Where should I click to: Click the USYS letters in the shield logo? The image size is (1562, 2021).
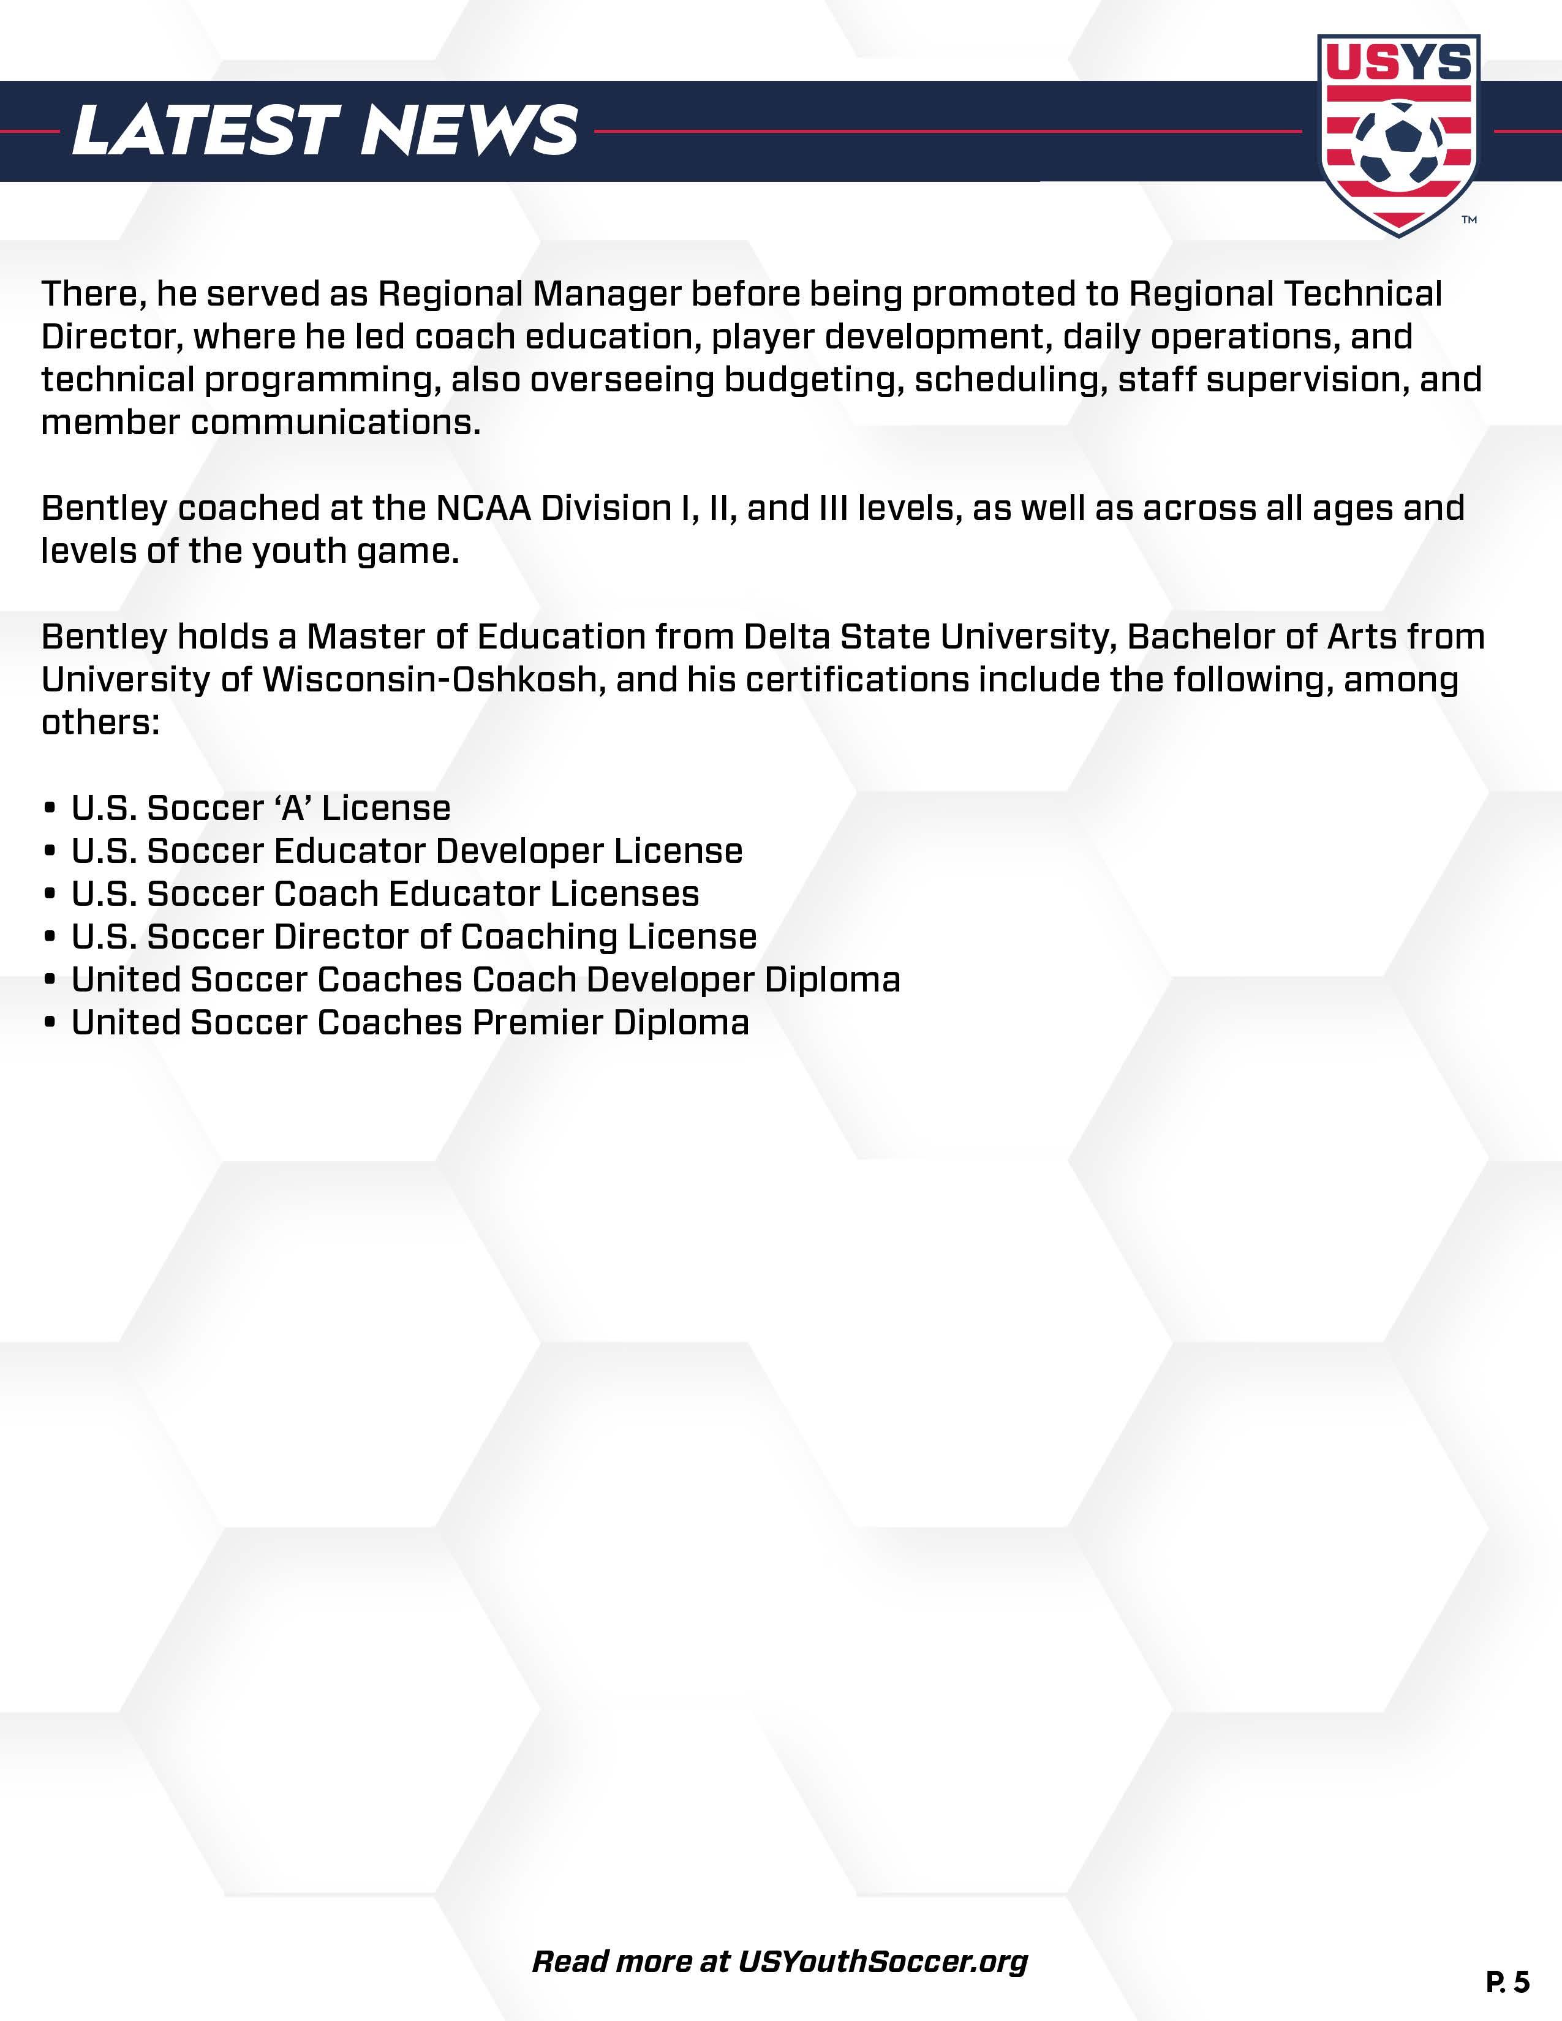(x=1398, y=63)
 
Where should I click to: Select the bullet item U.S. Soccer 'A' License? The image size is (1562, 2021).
(x=261, y=808)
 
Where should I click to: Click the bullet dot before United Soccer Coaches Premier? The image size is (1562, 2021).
(x=50, y=1023)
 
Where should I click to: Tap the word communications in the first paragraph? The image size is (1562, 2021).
(x=336, y=423)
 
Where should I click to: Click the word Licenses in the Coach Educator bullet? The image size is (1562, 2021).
(x=625, y=894)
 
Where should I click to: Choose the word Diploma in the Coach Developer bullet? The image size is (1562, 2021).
(x=832, y=980)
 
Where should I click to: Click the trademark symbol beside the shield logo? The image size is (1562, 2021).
(x=1468, y=220)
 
